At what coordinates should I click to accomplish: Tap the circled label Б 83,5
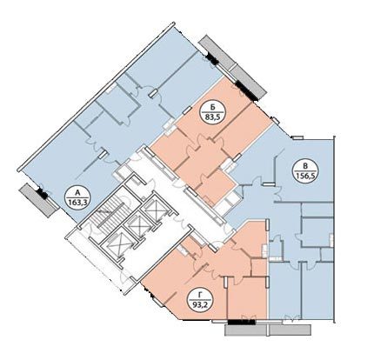pyautogui.click(x=213, y=113)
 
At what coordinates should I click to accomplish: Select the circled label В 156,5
pyautogui.click(x=305, y=171)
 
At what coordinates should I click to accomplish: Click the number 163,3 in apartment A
pyautogui.click(x=77, y=203)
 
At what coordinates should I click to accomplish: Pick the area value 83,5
pyautogui.click(x=213, y=117)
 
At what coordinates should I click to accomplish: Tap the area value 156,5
pyautogui.click(x=305, y=177)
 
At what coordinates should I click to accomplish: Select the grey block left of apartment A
pyautogui.click(x=38, y=200)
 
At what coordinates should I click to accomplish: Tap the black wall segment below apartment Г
pyautogui.click(x=242, y=322)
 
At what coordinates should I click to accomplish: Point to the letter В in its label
pyautogui.click(x=305, y=166)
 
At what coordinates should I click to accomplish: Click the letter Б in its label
pyautogui.click(x=213, y=108)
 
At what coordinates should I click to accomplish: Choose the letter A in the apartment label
pyautogui.click(x=77, y=192)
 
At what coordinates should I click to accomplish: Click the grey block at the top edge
pyautogui.click(x=217, y=52)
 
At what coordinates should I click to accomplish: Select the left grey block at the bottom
pyautogui.click(x=246, y=330)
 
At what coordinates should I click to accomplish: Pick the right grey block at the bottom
pyautogui.click(x=290, y=330)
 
